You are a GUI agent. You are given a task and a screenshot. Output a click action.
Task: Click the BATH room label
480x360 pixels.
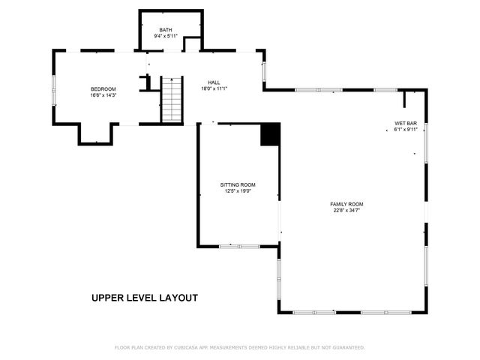(x=165, y=30)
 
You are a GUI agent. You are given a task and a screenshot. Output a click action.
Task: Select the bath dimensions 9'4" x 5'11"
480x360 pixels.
(x=165, y=36)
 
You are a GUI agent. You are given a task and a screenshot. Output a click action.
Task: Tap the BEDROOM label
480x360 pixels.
(x=103, y=88)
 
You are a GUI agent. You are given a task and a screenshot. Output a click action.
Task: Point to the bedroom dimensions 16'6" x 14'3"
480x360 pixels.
(x=103, y=94)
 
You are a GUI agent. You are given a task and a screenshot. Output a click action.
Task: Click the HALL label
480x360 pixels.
(x=214, y=82)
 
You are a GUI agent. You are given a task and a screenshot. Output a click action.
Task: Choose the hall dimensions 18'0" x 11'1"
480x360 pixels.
(x=214, y=88)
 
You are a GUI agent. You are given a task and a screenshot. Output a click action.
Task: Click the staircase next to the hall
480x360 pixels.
(x=172, y=99)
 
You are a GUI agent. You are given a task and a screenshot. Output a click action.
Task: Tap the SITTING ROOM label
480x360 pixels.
(x=238, y=184)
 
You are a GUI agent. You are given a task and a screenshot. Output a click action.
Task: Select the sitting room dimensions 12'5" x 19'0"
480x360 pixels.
(x=238, y=190)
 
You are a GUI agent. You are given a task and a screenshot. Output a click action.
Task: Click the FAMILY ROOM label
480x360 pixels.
(x=346, y=204)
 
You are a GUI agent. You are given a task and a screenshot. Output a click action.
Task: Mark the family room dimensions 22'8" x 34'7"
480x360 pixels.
(x=346, y=210)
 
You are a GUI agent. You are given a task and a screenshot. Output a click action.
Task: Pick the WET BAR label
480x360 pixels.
(x=406, y=123)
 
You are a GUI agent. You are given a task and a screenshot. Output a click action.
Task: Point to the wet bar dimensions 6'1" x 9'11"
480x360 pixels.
(x=406, y=129)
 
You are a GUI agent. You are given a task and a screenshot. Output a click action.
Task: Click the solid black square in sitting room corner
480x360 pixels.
(x=270, y=134)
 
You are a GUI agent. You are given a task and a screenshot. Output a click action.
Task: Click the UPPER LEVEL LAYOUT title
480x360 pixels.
(x=145, y=298)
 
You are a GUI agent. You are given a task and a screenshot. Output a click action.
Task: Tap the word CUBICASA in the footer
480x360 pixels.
(x=187, y=347)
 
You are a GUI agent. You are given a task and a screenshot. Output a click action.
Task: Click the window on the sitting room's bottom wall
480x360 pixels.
(x=239, y=246)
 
